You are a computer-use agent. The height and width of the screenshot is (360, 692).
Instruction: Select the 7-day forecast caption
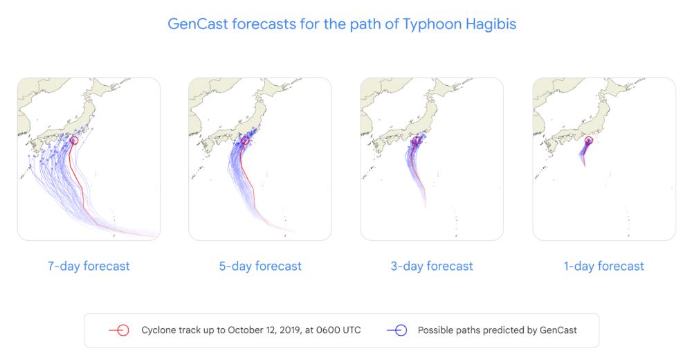point(89,266)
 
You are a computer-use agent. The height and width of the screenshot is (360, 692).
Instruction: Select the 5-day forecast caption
point(260,266)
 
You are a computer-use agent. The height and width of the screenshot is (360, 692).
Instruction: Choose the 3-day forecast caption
point(432,266)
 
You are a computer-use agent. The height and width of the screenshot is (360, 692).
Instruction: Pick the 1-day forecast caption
point(603,266)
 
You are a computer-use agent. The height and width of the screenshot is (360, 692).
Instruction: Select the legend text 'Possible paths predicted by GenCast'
point(498,330)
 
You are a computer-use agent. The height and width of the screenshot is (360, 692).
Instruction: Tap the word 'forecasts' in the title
point(264,24)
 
